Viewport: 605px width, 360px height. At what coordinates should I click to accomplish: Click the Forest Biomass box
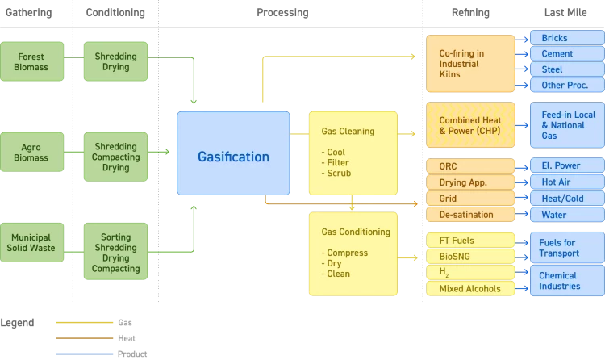pyautogui.click(x=31, y=61)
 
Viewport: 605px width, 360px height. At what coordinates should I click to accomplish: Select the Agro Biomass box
pyautogui.click(x=31, y=153)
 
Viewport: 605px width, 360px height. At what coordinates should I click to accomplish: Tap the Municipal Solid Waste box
pyautogui.click(x=31, y=243)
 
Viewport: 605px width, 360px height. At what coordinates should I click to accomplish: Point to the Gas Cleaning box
pyautogui.click(x=353, y=153)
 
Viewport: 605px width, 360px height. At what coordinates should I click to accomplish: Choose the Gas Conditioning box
pyautogui.click(x=353, y=253)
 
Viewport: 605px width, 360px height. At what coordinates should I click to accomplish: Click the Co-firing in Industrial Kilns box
pyautogui.click(x=470, y=63)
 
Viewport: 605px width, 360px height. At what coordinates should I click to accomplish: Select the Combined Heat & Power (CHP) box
pyautogui.click(x=470, y=125)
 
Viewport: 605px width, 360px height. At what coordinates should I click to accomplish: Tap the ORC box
pyautogui.click(x=470, y=166)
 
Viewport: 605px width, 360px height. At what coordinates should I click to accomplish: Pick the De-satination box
pyautogui.click(x=470, y=215)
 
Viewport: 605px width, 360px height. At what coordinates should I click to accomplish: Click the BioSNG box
pyautogui.click(x=470, y=257)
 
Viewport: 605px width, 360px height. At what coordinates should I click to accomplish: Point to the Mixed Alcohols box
pyautogui.click(x=470, y=288)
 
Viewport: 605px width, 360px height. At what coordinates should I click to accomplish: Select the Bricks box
pyautogui.click(x=565, y=38)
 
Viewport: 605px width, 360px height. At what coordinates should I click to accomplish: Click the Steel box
pyautogui.click(x=565, y=69)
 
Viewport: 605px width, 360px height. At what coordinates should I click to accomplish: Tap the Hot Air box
pyautogui.click(x=565, y=182)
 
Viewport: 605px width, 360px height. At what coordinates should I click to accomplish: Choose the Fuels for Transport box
pyautogui.click(x=565, y=248)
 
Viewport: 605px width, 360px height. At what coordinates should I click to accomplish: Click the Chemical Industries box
pyautogui.click(x=565, y=281)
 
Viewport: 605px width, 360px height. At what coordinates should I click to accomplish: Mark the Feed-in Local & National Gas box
pyautogui.click(x=565, y=125)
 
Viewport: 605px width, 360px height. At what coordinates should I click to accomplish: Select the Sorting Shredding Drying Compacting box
pyautogui.click(x=116, y=252)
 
